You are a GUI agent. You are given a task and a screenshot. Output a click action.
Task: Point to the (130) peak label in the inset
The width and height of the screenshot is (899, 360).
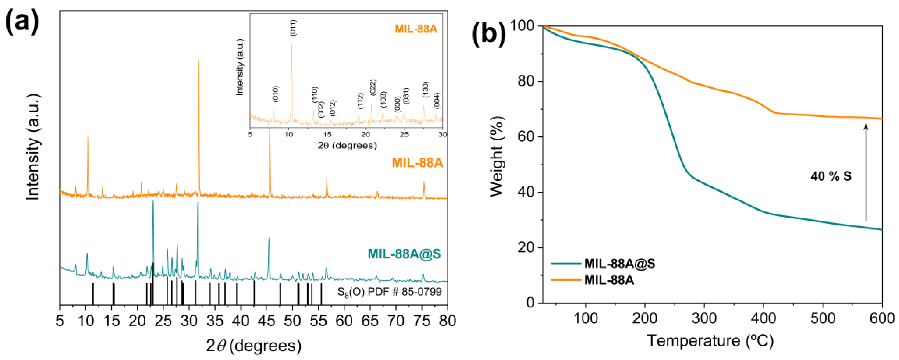[x=425, y=90]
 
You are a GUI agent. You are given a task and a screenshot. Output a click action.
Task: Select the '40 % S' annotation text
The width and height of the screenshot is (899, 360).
[x=831, y=176]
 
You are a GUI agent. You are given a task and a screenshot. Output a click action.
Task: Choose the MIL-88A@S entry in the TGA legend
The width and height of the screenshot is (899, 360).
[x=620, y=264]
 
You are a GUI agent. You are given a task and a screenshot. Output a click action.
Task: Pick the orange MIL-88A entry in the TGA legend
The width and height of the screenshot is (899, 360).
[x=609, y=280]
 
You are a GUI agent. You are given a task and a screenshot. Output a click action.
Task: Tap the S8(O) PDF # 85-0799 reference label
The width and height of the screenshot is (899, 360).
[x=389, y=292]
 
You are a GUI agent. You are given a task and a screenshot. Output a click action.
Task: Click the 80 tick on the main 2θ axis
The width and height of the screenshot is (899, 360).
[x=447, y=320]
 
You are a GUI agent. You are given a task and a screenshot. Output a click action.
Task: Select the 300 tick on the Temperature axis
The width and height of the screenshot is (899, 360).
[x=704, y=318]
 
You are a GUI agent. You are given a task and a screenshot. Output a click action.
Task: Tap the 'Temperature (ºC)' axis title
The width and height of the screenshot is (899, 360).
[x=710, y=341]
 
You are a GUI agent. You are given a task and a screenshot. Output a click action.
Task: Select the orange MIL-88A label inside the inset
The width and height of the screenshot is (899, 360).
[x=416, y=29]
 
